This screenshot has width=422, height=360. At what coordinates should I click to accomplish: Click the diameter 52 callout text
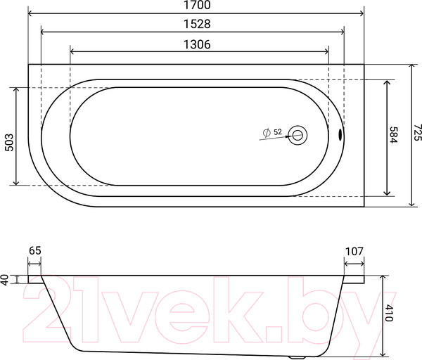point(272,132)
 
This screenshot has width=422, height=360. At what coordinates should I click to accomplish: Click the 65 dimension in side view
point(34,250)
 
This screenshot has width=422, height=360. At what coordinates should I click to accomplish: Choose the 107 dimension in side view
point(354,250)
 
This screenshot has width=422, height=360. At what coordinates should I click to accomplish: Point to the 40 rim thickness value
point(6,279)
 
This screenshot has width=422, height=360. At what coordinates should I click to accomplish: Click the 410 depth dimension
point(389,314)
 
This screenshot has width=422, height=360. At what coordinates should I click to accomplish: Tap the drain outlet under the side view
point(300,356)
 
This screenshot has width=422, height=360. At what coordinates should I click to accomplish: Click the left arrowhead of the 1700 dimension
point(30,13)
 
